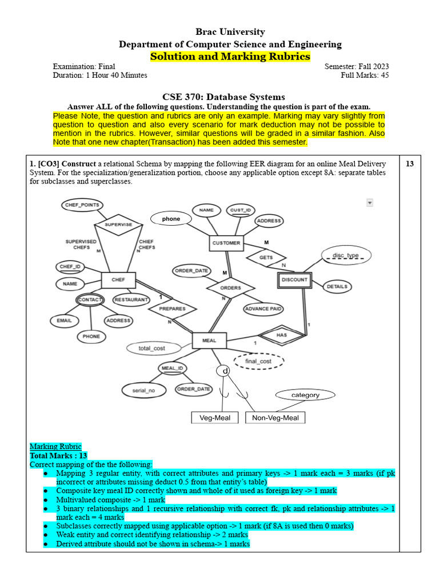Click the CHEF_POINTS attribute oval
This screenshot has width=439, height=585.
[x=82, y=205]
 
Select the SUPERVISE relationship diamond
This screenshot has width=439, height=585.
[x=118, y=225]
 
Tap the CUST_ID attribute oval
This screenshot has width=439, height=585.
[x=241, y=210]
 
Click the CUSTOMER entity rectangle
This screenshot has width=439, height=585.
[x=226, y=243]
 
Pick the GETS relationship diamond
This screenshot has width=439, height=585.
[x=266, y=258]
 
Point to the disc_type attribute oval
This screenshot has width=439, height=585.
[x=345, y=255]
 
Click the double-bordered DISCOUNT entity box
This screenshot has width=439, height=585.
[x=295, y=280]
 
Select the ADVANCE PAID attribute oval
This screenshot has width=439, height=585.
[x=264, y=309]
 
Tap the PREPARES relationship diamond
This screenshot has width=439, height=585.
[x=172, y=308]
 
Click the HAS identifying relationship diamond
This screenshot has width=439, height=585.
[x=281, y=335]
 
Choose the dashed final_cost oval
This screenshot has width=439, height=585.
[x=258, y=361]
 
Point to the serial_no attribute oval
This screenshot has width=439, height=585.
[x=143, y=390]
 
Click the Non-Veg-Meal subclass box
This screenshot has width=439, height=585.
[x=276, y=418]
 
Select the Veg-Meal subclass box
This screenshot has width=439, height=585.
[x=215, y=418]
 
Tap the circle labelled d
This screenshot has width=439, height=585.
[x=225, y=371]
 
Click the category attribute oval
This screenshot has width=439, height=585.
[x=305, y=395]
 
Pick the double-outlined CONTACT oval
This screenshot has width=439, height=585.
[x=90, y=299]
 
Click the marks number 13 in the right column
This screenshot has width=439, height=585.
[x=410, y=164]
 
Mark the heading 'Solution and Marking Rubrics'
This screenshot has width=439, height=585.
[x=230, y=56]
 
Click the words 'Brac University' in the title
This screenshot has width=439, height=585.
[x=230, y=31]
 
